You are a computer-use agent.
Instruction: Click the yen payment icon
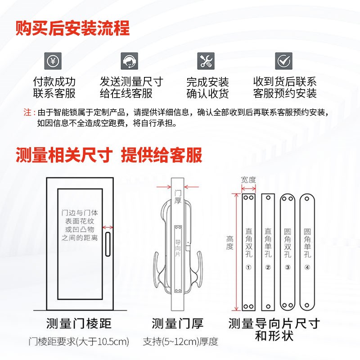point(53,61)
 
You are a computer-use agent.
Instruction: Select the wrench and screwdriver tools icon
point(207,61)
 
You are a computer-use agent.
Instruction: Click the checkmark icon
point(283,61)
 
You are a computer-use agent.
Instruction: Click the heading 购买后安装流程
point(72,28)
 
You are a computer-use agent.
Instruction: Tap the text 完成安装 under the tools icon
point(207,82)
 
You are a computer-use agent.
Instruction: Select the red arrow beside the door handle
point(108,228)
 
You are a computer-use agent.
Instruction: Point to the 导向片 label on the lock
point(177,247)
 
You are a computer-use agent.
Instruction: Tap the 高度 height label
point(229,243)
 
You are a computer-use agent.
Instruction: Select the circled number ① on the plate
point(248,267)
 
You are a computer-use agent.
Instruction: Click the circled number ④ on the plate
point(307,267)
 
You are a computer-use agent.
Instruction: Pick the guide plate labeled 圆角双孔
point(287,252)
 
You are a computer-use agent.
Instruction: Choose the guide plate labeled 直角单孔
point(268,252)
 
